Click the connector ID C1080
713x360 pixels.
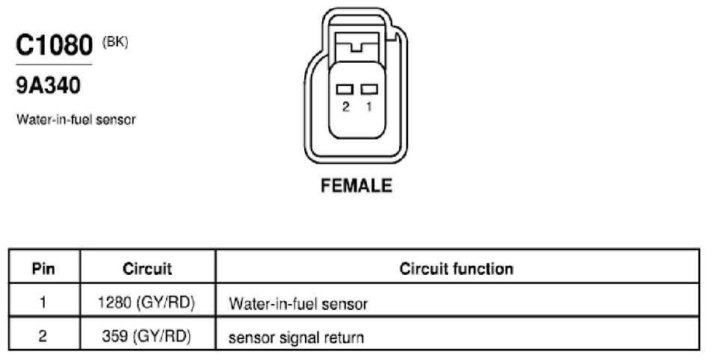click(54, 45)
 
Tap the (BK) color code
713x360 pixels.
click(115, 43)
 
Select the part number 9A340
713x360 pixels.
click(48, 85)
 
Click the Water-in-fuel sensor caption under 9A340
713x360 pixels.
click(76, 120)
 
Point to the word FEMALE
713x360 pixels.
click(356, 185)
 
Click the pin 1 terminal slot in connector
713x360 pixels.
click(369, 89)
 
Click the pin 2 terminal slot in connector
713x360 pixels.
click(345, 89)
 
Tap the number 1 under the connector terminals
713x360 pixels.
click(368, 106)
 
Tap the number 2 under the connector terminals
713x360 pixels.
click(346, 107)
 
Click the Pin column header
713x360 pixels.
click(43, 268)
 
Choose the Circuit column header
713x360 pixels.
click(147, 268)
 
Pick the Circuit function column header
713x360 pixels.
click(457, 268)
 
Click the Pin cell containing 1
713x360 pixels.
click(43, 302)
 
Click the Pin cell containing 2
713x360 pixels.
click(43, 336)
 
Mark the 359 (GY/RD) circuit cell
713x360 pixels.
click(146, 336)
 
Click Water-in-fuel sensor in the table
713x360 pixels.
click(298, 304)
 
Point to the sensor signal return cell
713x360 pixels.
click(296, 338)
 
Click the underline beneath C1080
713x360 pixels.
click(54, 64)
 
